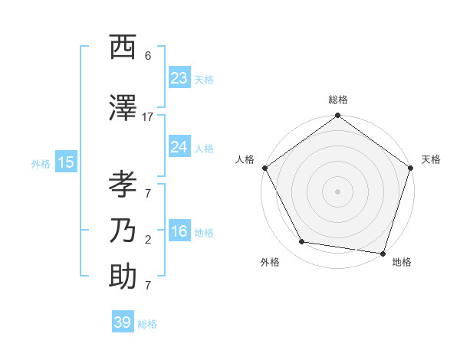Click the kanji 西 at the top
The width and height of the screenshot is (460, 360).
click(x=123, y=47)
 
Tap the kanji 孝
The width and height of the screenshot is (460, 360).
click(x=123, y=185)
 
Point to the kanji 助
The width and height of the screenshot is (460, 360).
click(x=123, y=277)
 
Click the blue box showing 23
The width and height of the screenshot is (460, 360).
click(x=179, y=78)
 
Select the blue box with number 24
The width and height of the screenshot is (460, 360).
click(x=179, y=147)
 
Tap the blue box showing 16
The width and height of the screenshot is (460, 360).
click(x=179, y=231)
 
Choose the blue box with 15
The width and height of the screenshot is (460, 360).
click(x=65, y=162)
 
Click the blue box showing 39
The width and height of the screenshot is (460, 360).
click(x=122, y=322)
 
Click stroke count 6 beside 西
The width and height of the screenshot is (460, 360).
click(x=147, y=55)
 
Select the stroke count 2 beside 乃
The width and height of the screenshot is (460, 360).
click(x=147, y=239)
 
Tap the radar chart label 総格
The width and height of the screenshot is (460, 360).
click(x=338, y=100)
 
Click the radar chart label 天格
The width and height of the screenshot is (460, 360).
click(x=431, y=159)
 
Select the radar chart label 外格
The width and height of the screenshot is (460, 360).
click(x=270, y=262)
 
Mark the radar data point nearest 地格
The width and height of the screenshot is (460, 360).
click(x=383, y=253)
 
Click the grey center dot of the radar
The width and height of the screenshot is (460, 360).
click(x=337, y=191)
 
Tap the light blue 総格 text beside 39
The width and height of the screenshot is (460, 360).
click(x=147, y=324)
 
